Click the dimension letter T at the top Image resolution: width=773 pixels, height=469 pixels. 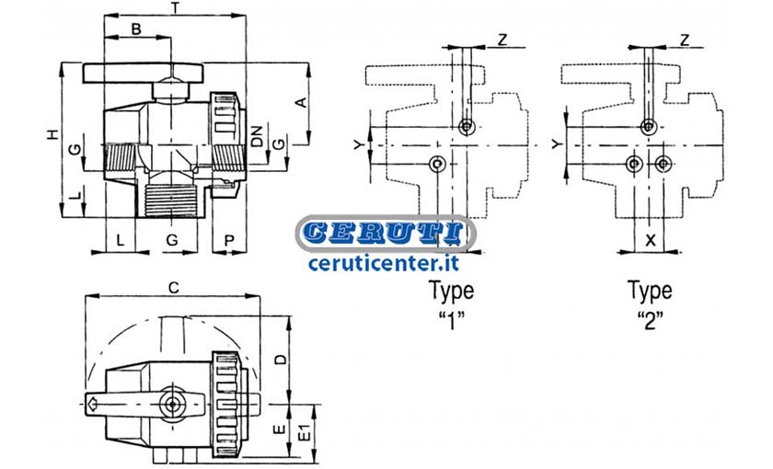coord(175,7)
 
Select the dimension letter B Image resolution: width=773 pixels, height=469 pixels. coord(136,29)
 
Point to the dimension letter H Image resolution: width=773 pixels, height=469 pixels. coord(52,134)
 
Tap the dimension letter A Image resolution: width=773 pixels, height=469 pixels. coord(301,102)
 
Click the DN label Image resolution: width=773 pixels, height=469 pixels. coord(257,135)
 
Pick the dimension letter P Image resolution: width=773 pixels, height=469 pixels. coord(229,241)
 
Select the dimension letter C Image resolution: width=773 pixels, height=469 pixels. coord(174,288)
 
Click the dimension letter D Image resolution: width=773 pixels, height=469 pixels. coord(281,360)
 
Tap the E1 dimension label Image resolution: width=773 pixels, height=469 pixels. coord(306,432)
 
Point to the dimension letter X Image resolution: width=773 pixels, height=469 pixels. coord(651,240)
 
